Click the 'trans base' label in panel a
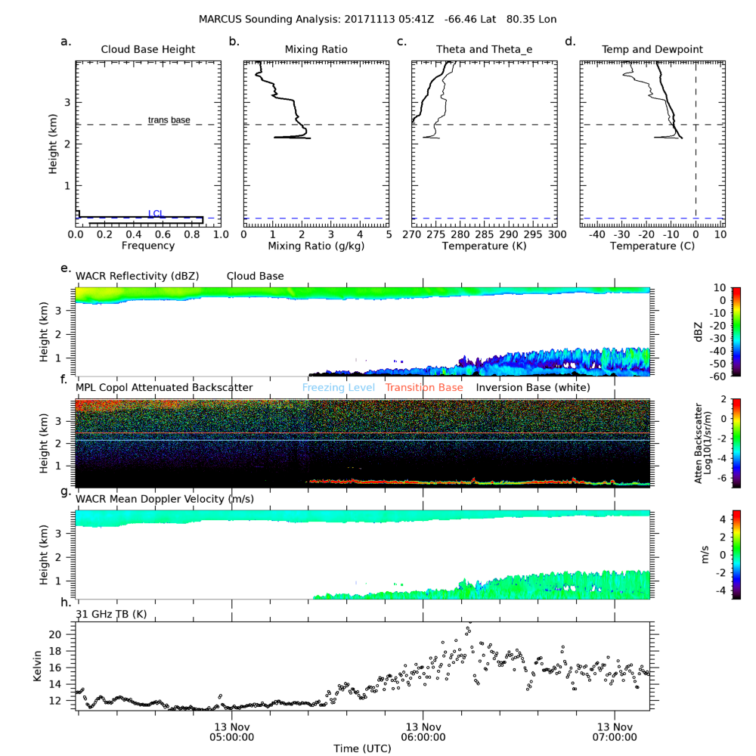[x=169, y=120]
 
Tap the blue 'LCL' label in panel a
[x=156, y=214]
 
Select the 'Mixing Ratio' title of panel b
[x=316, y=50]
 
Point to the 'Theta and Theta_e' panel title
[x=484, y=50]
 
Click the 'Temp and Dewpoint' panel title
[x=652, y=50]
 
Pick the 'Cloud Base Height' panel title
[x=148, y=50]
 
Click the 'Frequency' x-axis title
[x=148, y=246]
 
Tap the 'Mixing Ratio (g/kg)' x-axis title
[x=316, y=246]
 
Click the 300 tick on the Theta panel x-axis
[x=556, y=235]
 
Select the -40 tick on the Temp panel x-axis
[x=597, y=235]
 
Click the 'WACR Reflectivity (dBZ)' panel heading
[x=138, y=277]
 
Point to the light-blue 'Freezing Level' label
[x=339, y=388]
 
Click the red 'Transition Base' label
[x=423, y=388]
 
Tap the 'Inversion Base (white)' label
[x=533, y=388]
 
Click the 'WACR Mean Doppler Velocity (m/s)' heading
[x=165, y=499]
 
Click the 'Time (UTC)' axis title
[x=362, y=748]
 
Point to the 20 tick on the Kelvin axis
[x=65, y=634]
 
